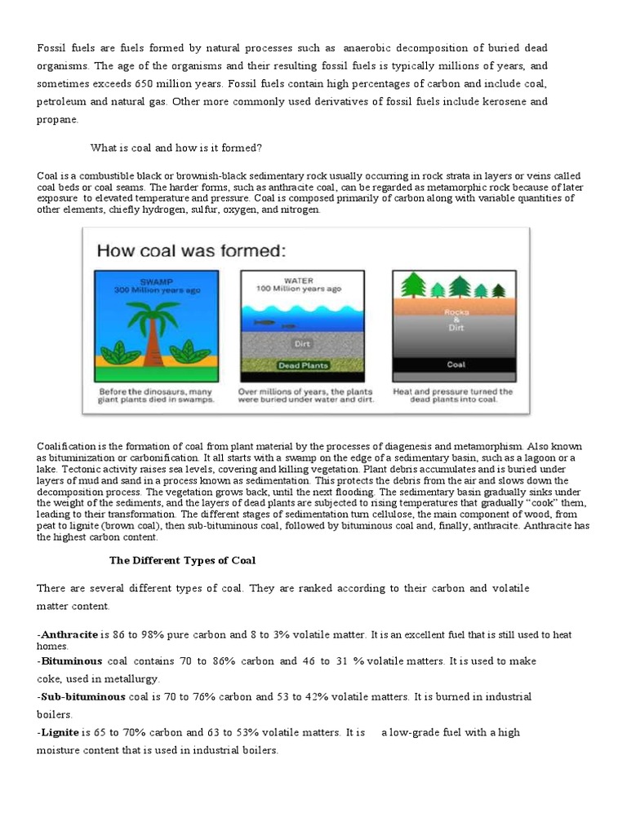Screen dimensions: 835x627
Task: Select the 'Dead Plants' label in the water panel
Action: pos(303,366)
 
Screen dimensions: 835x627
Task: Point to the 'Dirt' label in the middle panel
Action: pos(303,344)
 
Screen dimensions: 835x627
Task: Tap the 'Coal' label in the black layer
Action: pos(455,365)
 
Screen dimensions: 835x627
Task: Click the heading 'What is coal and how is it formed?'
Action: pos(176,148)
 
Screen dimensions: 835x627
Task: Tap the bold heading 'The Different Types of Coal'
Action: pos(183,560)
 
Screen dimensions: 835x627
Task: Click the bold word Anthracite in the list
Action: pos(69,634)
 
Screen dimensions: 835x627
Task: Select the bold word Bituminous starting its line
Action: pos(71,661)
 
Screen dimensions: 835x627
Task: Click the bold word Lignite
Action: pos(60,732)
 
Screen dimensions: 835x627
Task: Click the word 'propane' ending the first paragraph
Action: pos(58,119)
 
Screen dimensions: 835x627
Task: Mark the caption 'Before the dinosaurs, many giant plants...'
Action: pos(156,395)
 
